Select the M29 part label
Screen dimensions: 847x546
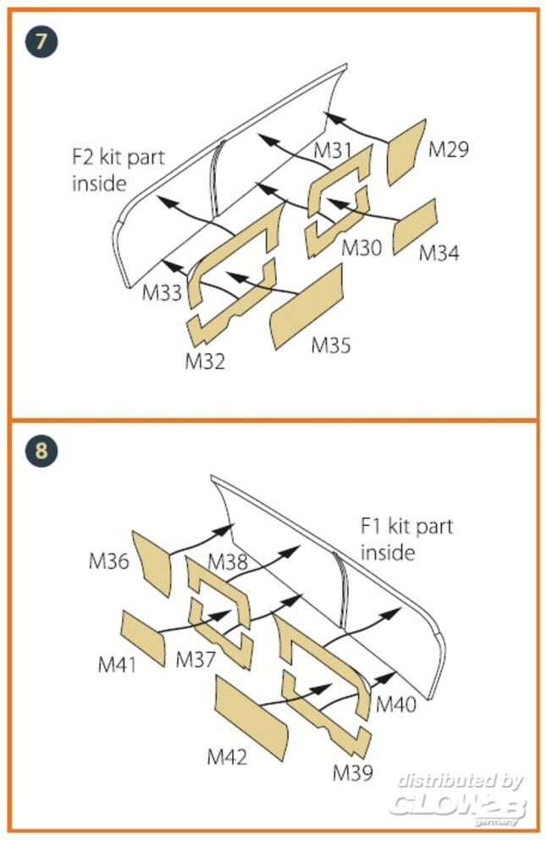(x=448, y=150)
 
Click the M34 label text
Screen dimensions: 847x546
(x=439, y=252)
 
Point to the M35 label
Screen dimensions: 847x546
(x=331, y=345)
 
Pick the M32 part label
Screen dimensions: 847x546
(x=205, y=362)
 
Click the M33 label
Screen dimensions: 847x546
(x=161, y=293)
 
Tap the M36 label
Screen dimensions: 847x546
(x=108, y=561)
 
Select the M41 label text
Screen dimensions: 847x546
(x=118, y=664)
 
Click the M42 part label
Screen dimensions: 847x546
(x=227, y=756)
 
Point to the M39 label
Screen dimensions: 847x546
(x=352, y=772)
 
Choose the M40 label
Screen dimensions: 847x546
(x=396, y=704)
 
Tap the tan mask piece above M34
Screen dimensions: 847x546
(x=415, y=222)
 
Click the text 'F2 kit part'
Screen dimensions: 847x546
(x=119, y=158)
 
